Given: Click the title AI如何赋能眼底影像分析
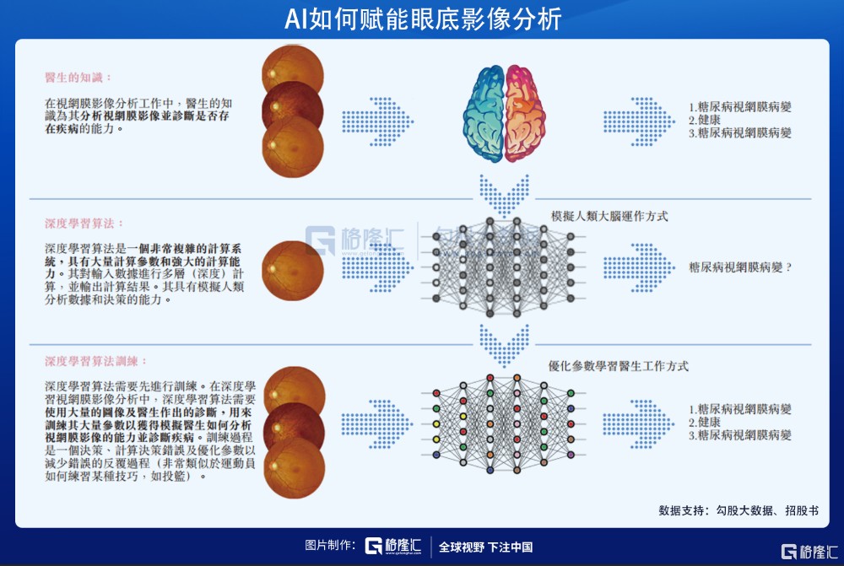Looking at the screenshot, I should (422, 19).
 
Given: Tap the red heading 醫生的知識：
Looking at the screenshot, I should (78, 78).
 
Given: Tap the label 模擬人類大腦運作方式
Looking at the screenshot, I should (609, 217).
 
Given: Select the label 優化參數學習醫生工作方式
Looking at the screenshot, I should (619, 367).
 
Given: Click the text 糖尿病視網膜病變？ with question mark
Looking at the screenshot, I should (740, 267).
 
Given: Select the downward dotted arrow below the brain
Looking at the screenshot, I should (504, 194).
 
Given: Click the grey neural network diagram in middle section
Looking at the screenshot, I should (504, 267).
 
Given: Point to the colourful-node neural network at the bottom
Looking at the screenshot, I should (504, 419).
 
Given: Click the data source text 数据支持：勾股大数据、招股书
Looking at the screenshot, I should (738, 510).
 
